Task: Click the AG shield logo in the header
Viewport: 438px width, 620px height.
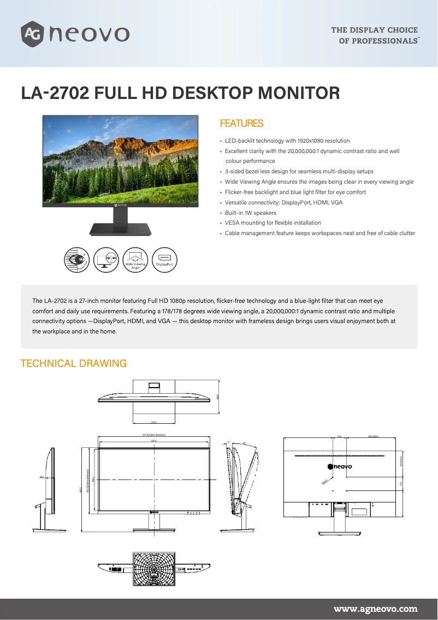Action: (32, 33)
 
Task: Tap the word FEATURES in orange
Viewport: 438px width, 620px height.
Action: (241, 124)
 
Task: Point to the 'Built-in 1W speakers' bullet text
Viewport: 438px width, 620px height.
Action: (251, 213)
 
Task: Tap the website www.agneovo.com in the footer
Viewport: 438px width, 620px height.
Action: (375, 609)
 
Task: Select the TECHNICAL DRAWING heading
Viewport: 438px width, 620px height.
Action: (73, 364)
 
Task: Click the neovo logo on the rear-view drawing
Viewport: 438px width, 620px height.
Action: (340, 466)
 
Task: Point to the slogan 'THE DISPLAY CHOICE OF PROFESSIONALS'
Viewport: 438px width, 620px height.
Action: (375, 35)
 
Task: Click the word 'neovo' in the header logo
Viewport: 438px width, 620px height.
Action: (89, 34)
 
